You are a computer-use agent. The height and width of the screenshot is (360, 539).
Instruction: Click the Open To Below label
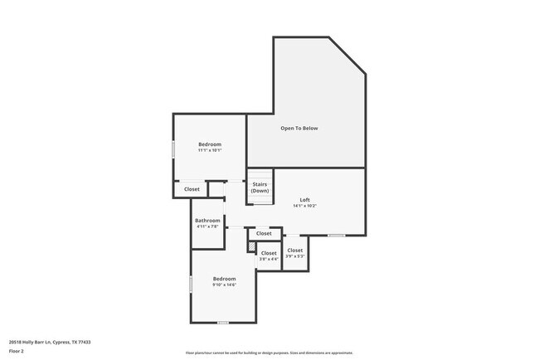(x=299, y=129)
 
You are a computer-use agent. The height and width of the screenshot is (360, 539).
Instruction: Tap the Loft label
(x=305, y=199)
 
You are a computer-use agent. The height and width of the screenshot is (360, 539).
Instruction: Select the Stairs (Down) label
(x=260, y=187)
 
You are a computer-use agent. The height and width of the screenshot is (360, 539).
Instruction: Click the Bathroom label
(x=207, y=220)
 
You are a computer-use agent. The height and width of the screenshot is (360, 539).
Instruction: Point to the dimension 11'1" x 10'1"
(x=209, y=151)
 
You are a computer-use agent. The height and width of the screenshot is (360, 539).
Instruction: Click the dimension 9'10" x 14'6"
(x=224, y=285)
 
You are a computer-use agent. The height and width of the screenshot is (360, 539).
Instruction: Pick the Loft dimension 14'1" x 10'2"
(x=305, y=206)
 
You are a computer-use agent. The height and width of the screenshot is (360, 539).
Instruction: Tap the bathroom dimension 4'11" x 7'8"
(x=207, y=226)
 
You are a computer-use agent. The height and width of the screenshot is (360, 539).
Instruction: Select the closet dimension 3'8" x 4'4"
(x=269, y=260)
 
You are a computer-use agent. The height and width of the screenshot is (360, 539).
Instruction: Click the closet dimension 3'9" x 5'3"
(x=295, y=255)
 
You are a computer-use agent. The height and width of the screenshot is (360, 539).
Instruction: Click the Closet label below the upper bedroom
(x=192, y=189)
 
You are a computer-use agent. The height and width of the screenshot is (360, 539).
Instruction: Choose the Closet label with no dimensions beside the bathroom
(x=264, y=234)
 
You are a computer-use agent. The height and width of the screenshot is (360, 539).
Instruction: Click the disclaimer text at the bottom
(x=269, y=352)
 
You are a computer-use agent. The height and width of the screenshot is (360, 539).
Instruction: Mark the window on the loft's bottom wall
(x=336, y=236)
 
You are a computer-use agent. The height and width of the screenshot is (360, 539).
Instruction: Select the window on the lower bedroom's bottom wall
(x=222, y=322)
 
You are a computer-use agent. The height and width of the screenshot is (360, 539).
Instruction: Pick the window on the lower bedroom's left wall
(x=192, y=284)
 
